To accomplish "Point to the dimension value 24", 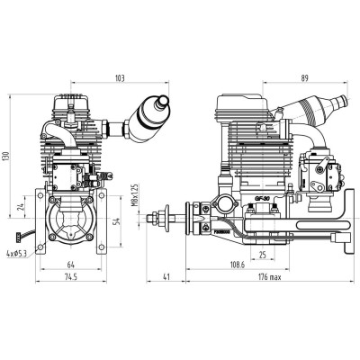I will (21, 211).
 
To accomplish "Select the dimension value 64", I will (69, 265).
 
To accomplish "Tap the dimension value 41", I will (167, 279).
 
